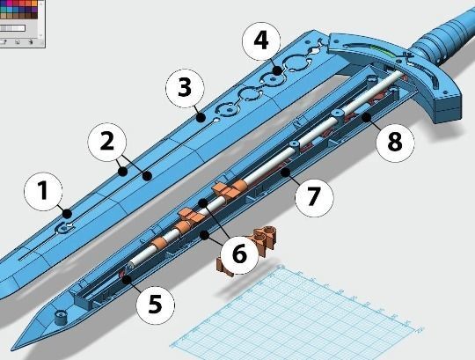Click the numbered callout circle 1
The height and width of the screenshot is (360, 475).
[43, 192]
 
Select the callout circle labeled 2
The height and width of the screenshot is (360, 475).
[107, 142]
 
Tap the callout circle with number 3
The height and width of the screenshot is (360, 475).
[185, 88]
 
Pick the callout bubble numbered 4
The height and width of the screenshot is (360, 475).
[261, 41]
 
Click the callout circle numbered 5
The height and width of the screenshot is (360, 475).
[156, 305]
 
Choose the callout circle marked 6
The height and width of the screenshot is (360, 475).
[239, 254]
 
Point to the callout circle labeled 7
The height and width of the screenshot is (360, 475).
[314, 197]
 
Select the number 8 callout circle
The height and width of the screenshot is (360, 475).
[395, 143]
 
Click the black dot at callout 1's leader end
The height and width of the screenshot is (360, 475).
[67, 214]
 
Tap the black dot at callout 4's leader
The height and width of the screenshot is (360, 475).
[277, 71]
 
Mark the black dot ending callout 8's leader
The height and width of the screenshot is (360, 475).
[367, 117]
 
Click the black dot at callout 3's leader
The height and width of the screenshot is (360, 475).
[200, 118]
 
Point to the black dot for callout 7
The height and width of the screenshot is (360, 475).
[285, 173]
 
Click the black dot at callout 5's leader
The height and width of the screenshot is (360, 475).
[127, 279]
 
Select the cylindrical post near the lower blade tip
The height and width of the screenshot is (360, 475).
[62, 317]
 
